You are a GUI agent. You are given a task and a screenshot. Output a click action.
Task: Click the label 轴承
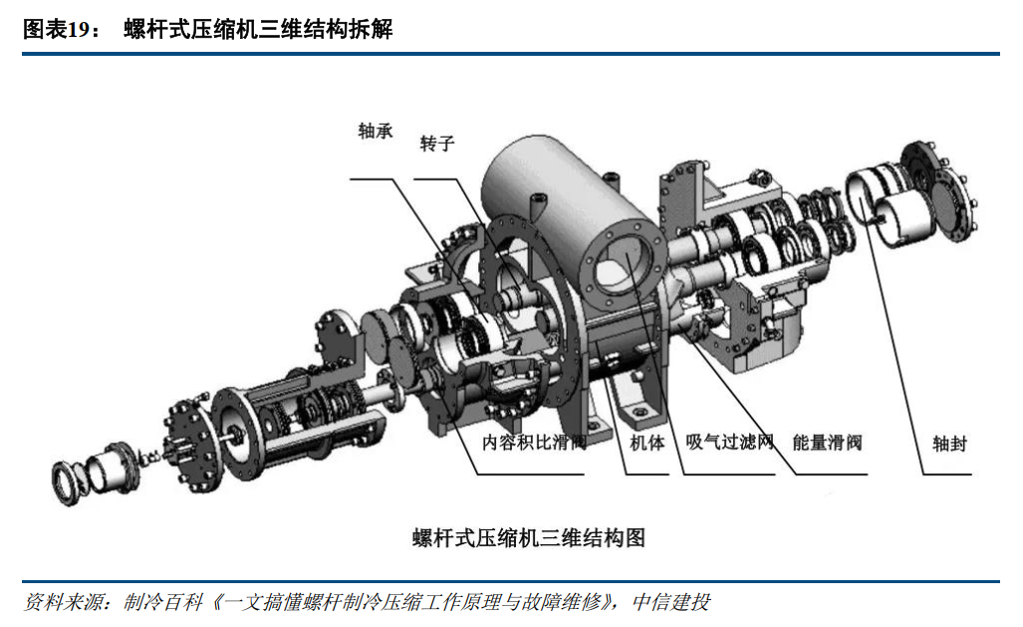[x=376, y=132]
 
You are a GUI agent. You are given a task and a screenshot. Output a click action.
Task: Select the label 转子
[x=436, y=144]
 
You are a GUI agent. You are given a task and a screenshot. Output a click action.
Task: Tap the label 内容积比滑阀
[x=534, y=443]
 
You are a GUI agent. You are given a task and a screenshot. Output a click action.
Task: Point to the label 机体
[x=647, y=443]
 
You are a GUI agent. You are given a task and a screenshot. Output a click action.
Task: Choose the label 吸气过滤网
[x=729, y=443]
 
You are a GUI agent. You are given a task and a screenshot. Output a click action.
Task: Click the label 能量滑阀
[x=828, y=443]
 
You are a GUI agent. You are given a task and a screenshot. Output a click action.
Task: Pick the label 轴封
[x=949, y=445]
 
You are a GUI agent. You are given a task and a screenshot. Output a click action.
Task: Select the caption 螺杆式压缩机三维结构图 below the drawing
[x=529, y=538]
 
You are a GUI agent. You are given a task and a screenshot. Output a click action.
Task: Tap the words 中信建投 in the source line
[x=671, y=601]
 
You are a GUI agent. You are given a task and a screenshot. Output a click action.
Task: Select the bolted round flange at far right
[x=938, y=190]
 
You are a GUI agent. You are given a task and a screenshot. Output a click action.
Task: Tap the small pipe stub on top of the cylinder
[x=537, y=205]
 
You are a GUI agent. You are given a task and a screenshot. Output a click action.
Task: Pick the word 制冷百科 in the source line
[x=163, y=601]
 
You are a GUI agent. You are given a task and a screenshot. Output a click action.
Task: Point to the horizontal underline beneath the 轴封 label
[x=946, y=473]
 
